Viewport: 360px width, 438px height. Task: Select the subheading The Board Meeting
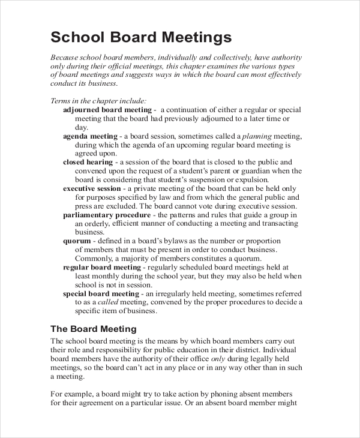click(x=94, y=329)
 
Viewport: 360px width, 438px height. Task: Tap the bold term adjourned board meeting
click(x=108, y=110)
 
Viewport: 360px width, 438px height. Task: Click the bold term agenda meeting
click(x=90, y=136)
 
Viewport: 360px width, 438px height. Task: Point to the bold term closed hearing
click(x=88, y=162)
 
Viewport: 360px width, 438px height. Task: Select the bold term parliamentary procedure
click(x=107, y=215)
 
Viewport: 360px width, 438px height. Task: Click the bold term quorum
click(x=77, y=241)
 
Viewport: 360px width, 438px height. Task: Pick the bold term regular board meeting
click(x=102, y=268)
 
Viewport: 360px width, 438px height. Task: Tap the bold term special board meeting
click(x=101, y=294)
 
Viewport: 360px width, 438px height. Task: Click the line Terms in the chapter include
click(x=98, y=101)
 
